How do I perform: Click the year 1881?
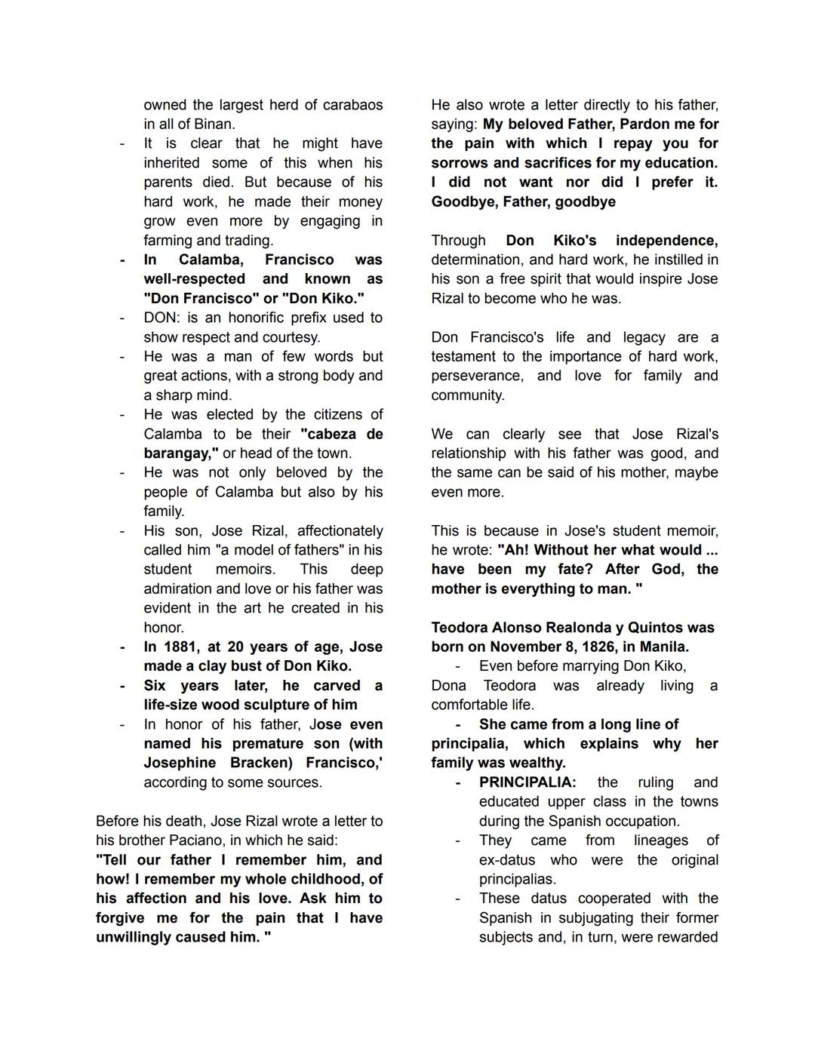(181, 647)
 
